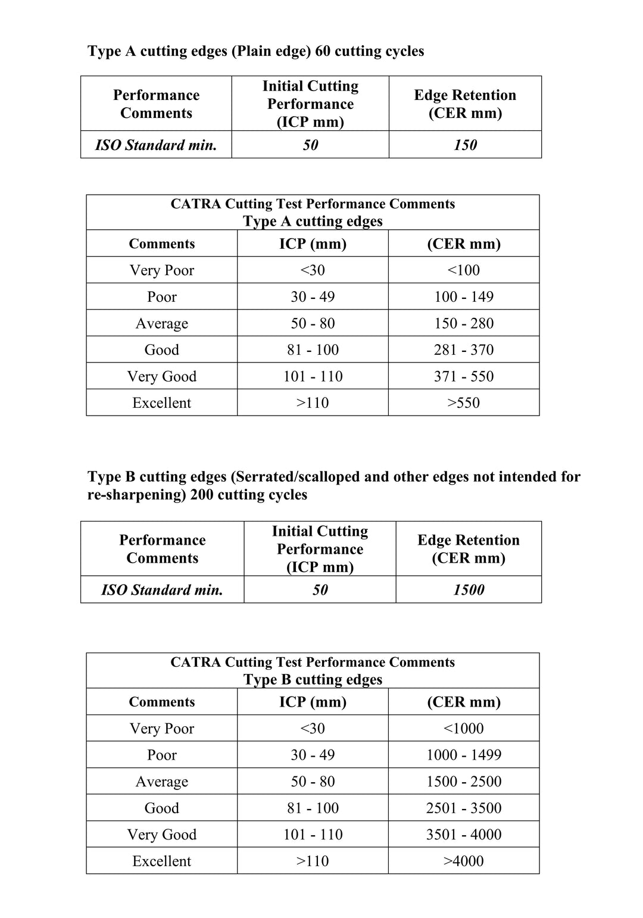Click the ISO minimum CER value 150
click(465, 145)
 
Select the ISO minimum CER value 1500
click(469, 590)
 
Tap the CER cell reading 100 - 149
click(464, 296)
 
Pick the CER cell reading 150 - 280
click(464, 323)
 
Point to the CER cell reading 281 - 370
click(464, 349)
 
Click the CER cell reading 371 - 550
click(464, 376)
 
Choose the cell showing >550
click(464, 403)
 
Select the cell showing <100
click(464, 270)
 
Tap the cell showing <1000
click(464, 728)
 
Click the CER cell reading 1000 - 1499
click(464, 755)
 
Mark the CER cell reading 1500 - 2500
click(464, 782)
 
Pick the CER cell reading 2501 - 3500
click(464, 808)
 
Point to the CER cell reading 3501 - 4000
click(464, 835)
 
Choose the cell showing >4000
click(464, 861)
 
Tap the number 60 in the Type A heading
click(323, 51)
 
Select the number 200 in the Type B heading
click(202, 495)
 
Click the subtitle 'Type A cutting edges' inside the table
click(313, 221)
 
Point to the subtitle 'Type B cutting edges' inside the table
click(313, 680)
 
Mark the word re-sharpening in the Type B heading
click(136, 495)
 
